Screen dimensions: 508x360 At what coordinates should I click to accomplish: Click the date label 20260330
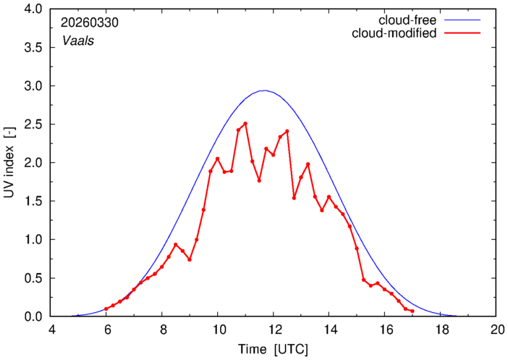(90, 22)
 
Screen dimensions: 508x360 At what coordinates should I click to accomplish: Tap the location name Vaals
(78, 41)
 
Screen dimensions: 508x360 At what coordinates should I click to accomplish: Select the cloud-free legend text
(407, 20)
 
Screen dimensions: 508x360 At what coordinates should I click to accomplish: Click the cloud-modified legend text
(394, 33)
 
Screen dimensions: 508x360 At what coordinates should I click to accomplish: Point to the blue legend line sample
(462, 20)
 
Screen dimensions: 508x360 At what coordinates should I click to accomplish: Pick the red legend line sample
(462, 33)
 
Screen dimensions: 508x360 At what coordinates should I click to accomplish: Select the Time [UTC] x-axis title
(273, 349)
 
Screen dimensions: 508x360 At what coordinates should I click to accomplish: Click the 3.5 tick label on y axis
(33, 48)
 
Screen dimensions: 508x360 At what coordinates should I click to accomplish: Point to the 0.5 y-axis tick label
(33, 278)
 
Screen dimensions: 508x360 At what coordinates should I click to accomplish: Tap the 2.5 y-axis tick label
(33, 125)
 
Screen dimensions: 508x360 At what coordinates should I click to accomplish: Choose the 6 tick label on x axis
(106, 330)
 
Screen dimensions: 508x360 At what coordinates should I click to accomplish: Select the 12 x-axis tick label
(274, 330)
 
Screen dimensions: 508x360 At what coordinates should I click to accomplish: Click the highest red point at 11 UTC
(245, 124)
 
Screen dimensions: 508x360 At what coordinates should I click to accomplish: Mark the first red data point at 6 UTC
(106, 309)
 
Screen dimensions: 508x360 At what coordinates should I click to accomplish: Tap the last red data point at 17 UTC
(412, 311)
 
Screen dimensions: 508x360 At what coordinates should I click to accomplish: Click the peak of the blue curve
(265, 91)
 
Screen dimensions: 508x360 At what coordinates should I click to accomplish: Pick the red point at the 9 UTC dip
(190, 260)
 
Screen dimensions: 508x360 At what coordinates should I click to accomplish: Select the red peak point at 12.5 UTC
(287, 131)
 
